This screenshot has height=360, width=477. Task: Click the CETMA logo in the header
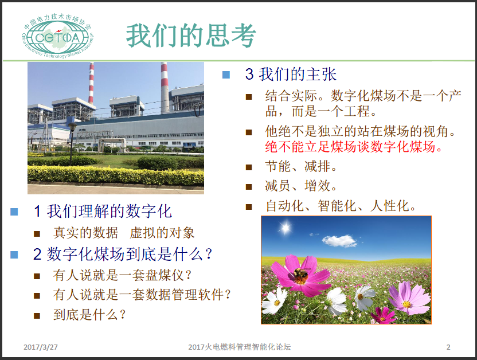click(57, 37)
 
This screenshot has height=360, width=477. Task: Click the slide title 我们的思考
click(191, 36)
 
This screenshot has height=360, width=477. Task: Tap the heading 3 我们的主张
click(291, 74)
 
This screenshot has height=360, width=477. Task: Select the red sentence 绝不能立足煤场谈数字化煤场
click(354, 147)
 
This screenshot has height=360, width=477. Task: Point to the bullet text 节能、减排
click(300, 166)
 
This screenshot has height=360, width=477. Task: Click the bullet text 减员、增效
click(300, 186)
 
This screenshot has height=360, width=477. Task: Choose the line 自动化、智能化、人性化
click(341, 206)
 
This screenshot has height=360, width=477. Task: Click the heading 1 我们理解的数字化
click(103, 211)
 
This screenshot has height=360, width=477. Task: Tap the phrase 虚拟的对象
click(162, 233)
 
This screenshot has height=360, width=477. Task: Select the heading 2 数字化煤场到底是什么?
click(123, 254)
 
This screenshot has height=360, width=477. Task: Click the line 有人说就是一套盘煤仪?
click(122, 275)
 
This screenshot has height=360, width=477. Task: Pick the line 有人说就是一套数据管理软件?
click(142, 295)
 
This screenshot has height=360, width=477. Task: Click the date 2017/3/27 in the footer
click(41, 347)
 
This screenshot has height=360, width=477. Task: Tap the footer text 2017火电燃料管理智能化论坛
click(240, 347)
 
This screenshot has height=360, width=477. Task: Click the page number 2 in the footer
click(448, 347)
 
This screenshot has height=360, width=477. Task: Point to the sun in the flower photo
click(286, 228)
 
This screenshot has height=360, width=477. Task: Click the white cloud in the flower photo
click(339, 241)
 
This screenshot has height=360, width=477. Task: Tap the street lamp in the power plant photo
click(72, 143)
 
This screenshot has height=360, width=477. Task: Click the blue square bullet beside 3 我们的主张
click(226, 75)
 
